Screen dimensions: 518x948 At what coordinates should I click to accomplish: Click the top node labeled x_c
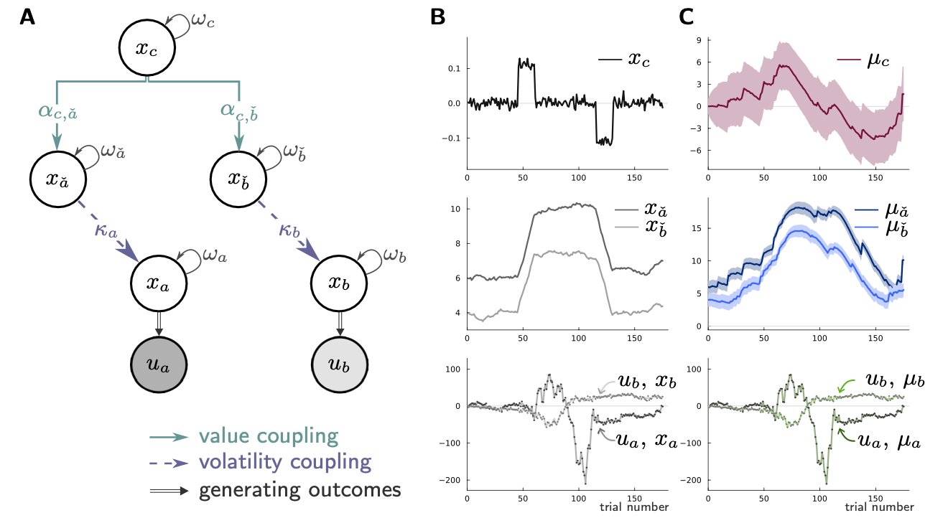coord(147,48)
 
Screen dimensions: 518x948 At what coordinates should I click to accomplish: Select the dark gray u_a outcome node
coord(159,364)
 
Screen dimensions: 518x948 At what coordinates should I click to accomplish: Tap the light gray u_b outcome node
coord(339,364)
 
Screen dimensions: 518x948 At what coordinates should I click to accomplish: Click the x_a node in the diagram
coord(159,283)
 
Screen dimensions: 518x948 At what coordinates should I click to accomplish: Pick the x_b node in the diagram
coord(339,283)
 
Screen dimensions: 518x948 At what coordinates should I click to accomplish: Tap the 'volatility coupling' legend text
coord(284,461)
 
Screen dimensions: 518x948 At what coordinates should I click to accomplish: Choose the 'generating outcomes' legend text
coord(299,490)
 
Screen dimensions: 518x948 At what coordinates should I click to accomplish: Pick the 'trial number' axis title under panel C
coord(877,507)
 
